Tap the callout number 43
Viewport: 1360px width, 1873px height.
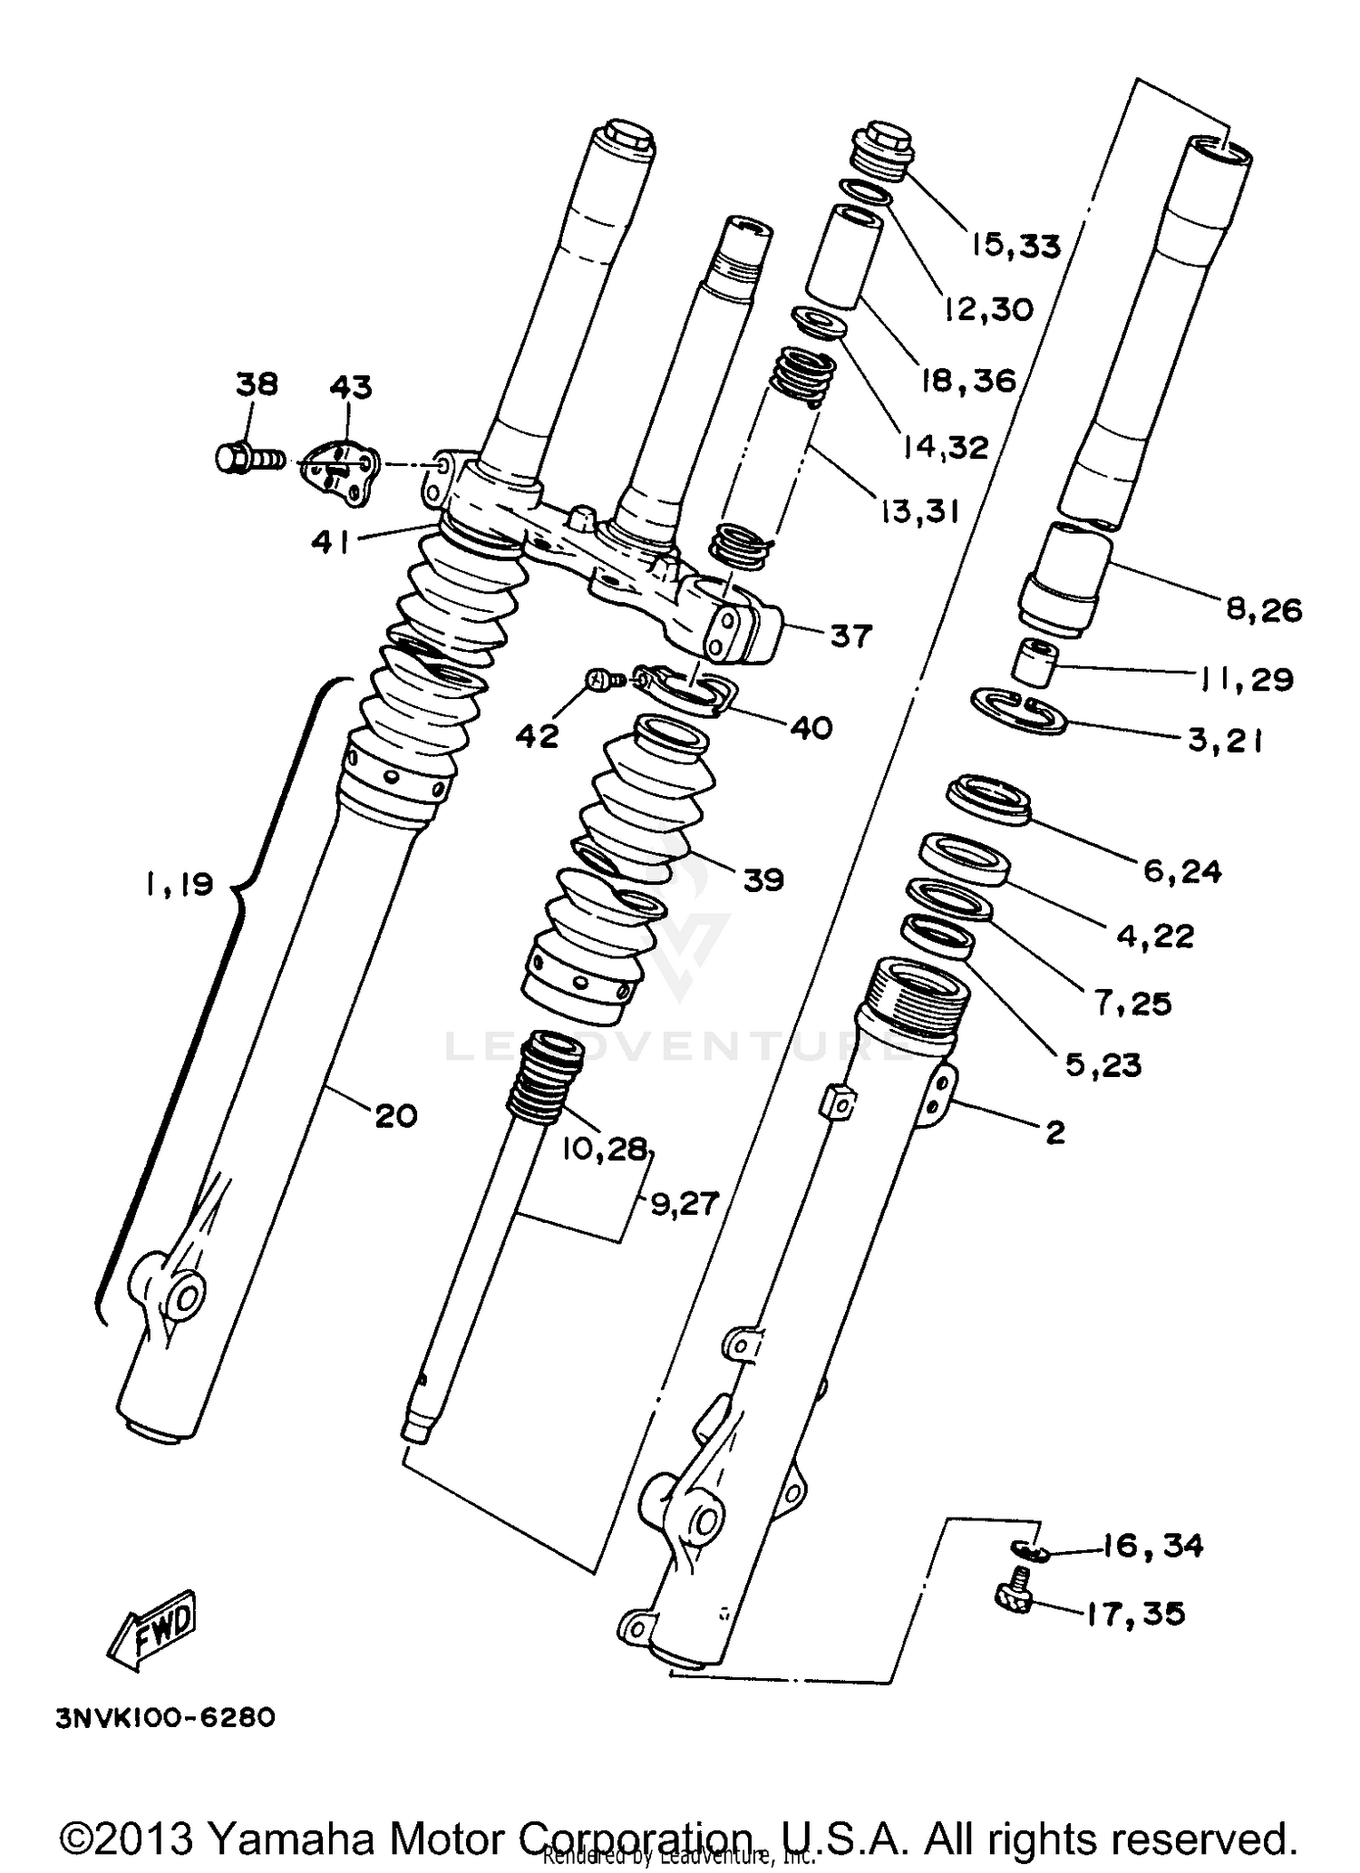[350, 387]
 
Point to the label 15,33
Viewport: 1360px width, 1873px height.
[1015, 245]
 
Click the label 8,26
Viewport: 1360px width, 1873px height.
[1264, 609]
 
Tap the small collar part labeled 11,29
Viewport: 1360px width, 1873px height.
[1036, 664]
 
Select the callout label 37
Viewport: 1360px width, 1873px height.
[850, 636]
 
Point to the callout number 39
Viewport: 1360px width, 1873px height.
[763, 878]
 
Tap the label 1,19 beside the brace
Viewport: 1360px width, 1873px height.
[179, 883]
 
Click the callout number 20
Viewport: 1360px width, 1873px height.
[395, 1115]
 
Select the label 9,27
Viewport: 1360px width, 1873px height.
[684, 1203]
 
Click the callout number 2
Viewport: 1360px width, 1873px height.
[1054, 1131]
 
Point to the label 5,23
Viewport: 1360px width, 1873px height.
[1103, 1064]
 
